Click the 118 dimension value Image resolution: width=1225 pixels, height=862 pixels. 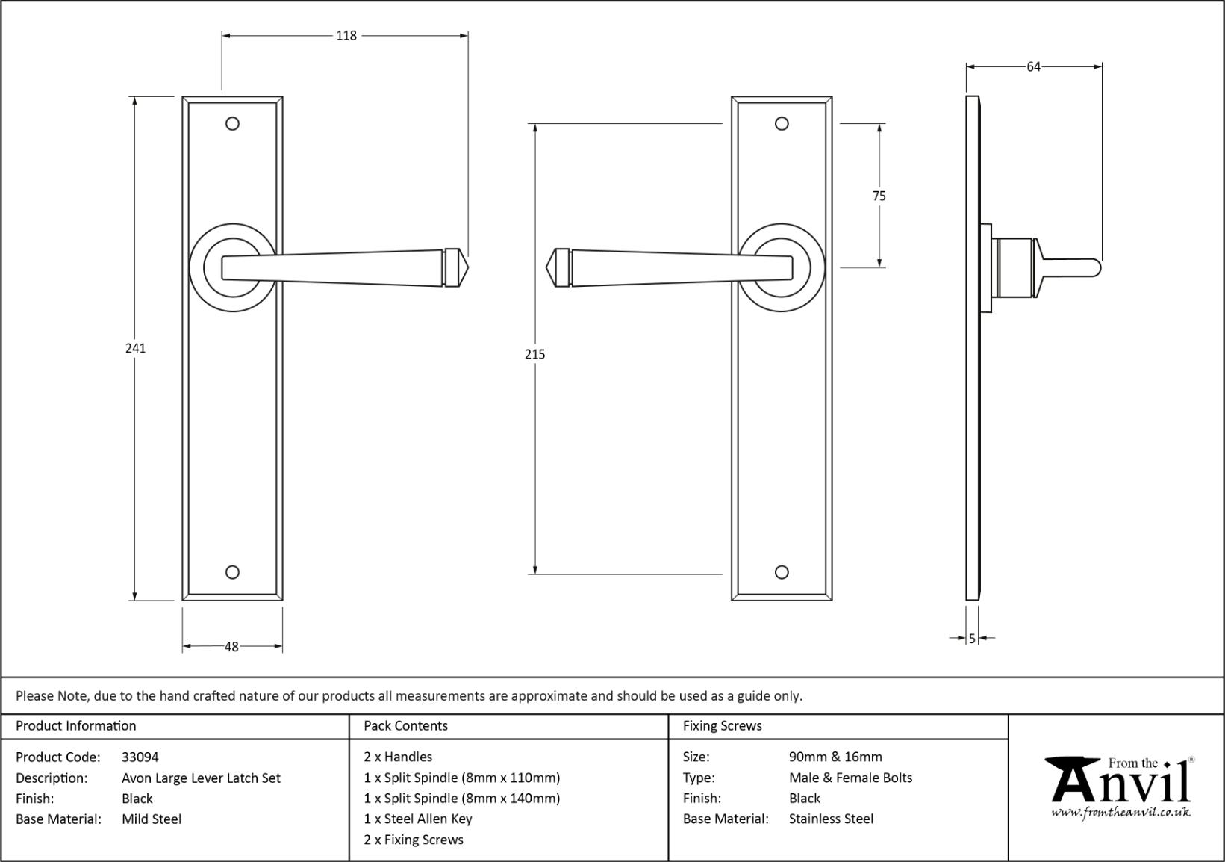click(x=346, y=35)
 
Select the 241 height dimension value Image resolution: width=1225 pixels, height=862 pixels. click(x=135, y=348)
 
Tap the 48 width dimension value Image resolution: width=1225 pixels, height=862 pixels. click(x=231, y=647)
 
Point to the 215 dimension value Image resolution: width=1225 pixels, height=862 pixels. click(x=534, y=355)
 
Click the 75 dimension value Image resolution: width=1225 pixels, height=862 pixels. click(x=879, y=196)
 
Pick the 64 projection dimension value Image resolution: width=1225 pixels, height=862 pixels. click(x=1033, y=67)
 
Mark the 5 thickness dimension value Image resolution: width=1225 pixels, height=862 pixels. click(x=972, y=639)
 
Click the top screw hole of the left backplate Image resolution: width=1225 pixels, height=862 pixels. click(x=232, y=123)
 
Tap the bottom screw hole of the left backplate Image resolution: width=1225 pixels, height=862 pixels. click(x=232, y=572)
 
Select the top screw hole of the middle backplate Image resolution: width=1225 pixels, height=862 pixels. click(x=782, y=123)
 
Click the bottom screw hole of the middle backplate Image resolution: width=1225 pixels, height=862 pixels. click(x=782, y=572)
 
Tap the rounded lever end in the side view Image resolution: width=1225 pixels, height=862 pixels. click(x=1096, y=268)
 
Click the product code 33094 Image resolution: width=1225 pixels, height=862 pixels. click(x=140, y=757)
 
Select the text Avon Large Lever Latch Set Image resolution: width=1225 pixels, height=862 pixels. click(x=201, y=778)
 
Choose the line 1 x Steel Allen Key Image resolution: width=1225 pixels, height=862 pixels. click(x=418, y=819)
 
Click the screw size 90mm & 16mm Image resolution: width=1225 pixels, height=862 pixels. click(x=835, y=757)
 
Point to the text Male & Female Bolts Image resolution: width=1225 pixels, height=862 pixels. click(x=850, y=778)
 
